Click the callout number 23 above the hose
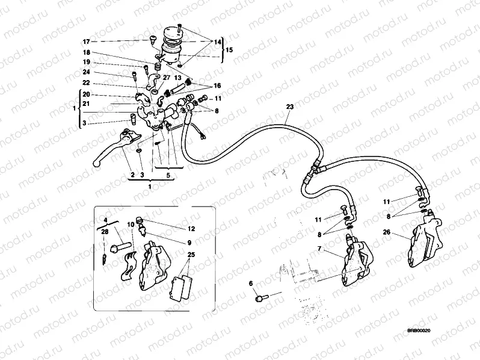pos(289,107)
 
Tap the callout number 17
pos(86,42)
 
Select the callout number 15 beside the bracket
pos(229,49)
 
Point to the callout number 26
pos(387,232)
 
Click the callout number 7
pos(319,249)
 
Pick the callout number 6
pos(251,284)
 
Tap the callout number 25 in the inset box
pos(191,255)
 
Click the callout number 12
pos(191,229)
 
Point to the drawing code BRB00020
pos(419,331)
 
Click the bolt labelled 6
pos(261,297)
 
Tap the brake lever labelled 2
pos(115,147)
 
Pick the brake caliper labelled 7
pos(358,261)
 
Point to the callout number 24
pos(87,72)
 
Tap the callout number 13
pos(177,78)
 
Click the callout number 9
pos(189,243)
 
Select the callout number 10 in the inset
pos(131,225)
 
